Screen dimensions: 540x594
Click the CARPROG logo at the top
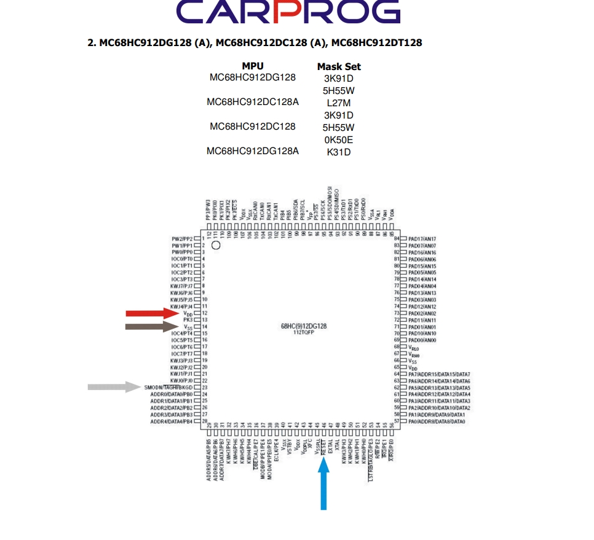[288, 13]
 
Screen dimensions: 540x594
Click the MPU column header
[252, 66]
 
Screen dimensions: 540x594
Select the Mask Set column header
[339, 66]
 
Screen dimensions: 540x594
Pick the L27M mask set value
[339, 103]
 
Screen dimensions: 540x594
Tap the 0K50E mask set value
[339, 140]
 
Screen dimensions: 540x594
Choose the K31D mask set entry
[339, 152]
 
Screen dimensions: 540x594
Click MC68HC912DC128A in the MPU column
[253, 102]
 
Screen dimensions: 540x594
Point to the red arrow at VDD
[152, 313]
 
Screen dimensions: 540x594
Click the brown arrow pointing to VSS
[152, 327]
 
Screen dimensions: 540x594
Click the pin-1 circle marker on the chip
[216, 245]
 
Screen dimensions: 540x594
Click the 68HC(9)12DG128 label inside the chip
[304, 326]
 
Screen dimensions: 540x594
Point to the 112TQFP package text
[304, 332]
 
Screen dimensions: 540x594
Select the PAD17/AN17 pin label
[422, 239]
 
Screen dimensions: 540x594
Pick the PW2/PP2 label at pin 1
[182, 239]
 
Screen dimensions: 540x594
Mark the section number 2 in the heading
[90, 43]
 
